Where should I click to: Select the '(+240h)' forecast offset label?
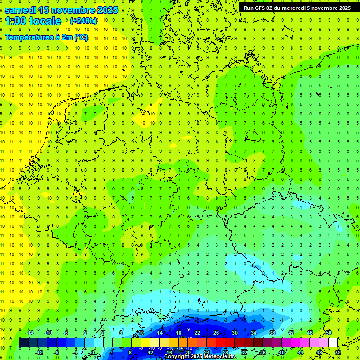[x=83, y=21]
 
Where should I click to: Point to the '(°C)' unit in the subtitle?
[x=81, y=37]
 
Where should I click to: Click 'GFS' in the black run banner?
[x=263, y=7]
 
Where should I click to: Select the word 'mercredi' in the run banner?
[x=294, y=7]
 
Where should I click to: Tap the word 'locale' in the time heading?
[x=45, y=21]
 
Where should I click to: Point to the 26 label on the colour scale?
[x=216, y=333]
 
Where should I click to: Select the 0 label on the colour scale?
[x=93, y=352]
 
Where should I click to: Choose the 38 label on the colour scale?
[x=272, y=333]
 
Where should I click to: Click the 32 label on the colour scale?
[x=244, y=352]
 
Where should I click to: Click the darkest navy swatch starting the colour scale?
[x=23, y=343]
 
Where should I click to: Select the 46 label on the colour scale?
[x=310, y=333]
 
